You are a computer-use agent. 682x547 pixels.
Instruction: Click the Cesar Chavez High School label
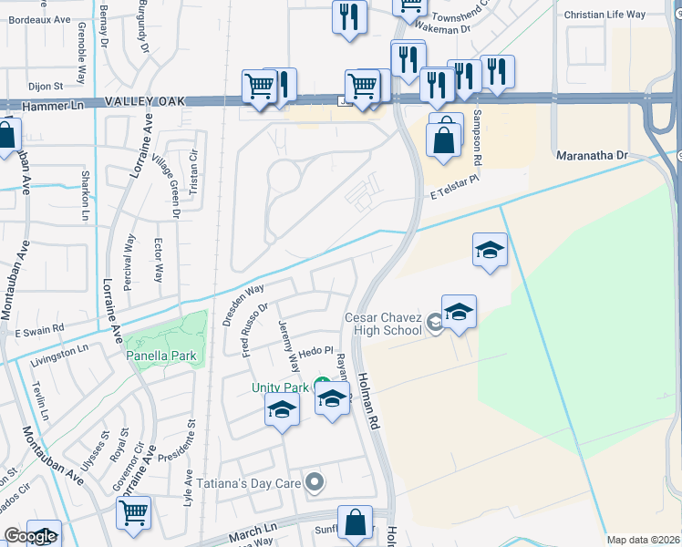click(x=382, y=324)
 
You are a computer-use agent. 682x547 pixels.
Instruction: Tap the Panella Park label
click(x=163, y=355)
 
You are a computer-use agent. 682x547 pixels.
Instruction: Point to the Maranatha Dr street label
click(x=593, y=156)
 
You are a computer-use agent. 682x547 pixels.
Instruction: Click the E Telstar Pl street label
click(x=453, y=187)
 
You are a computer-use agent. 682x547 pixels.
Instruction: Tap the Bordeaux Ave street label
click(x=35, y=18)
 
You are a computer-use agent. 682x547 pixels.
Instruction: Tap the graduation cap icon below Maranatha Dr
click(x=490, y=250)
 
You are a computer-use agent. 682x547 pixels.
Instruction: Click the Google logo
click(x=30, y=536)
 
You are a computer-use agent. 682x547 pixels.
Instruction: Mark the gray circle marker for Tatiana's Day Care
click(x=315, y=480)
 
